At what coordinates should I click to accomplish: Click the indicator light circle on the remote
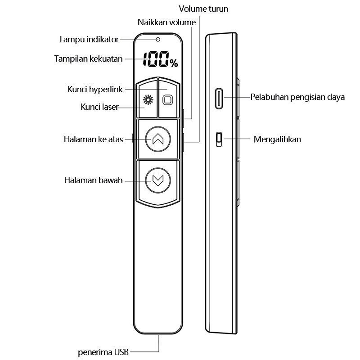pyautogui.click(x=158, y=40)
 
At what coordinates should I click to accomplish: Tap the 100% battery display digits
pyautogui.click(x=161, y=59)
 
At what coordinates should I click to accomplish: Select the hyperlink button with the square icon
pyautogui.click(x=168, y=99)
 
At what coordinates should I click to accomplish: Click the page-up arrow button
pyautogui.click(x=158, y=139)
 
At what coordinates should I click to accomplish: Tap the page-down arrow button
pyautogui.click(x=158, y=180)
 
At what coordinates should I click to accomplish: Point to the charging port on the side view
pyautogui.click(x=219, y=98)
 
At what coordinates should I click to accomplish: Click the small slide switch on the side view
pyautogui.click(x=219, y=139)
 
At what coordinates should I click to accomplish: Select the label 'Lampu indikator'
pyautogui.click(x=89, y=40)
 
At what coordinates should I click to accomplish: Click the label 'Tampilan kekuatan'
pyautogui.click(x=88, y=59)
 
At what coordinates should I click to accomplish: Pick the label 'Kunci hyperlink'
pyautogui.click(x=95, y=89)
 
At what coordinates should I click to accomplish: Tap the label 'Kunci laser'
pyautogui.click(x=99, y=107)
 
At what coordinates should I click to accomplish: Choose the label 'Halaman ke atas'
pyautogui.click(x=93, y=139)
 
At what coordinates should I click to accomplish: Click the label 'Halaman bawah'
pyautogui.click(x=93, y=180)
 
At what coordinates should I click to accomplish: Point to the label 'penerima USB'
pyautogui.click(x=103, y=352)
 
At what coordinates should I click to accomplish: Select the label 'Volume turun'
pyautogui.click(x=203, y=9)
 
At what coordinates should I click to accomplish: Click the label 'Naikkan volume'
pyautogui.click(x=166, y=22)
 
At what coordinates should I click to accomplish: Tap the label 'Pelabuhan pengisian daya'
pyautogui.click(x=297, y=97)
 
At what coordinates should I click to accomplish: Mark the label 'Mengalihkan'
pyautogui.click(x=277, y=139)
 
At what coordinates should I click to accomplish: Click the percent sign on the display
pyautogui.click(x=174, y=63)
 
